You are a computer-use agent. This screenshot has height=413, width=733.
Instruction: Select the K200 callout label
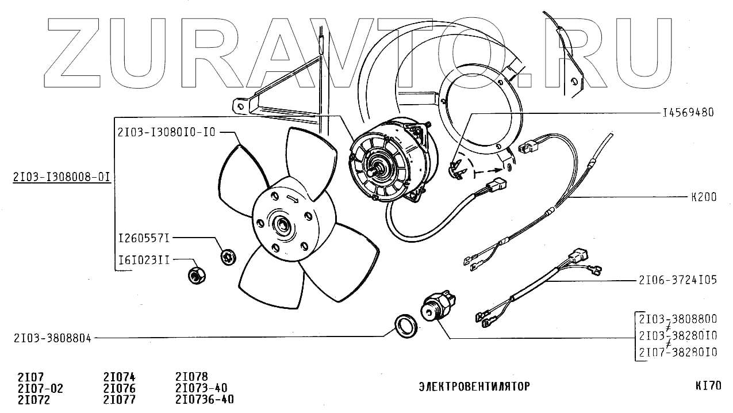[x=704, y=197]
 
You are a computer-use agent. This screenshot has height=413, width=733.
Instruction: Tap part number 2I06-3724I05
[x=677, y=281]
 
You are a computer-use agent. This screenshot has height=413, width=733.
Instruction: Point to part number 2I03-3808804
[x=52, y=338]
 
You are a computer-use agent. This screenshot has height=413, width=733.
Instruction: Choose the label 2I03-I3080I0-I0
[x=166, y=132]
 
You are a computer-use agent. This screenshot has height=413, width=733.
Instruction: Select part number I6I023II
[x=144, y=260]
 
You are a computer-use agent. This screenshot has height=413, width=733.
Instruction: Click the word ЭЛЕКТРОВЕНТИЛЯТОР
[x=474, y=387]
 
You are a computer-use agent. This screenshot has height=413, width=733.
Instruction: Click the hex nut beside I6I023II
[x=197, y=275]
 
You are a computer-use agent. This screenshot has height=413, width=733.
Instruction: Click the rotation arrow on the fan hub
[x=292, y=199]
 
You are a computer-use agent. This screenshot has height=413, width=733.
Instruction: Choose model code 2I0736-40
[x=204, y=399]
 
